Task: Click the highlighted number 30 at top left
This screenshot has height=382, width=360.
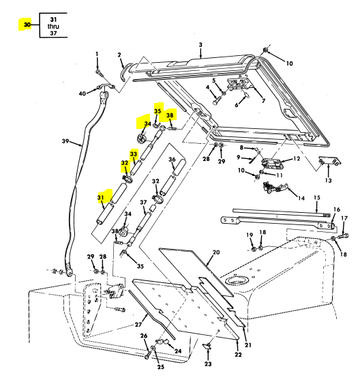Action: pos(27,25)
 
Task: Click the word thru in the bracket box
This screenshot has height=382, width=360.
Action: pos(53,26)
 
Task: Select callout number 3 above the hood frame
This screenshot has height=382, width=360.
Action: pos(200,45)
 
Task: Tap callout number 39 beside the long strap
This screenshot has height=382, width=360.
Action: pos(65,141)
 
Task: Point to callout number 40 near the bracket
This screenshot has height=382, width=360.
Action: pos(82,93)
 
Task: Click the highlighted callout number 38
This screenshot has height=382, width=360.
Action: pos(170,115)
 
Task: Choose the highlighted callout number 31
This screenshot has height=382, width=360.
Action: pos(101,197)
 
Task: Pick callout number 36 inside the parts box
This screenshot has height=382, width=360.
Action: pos(172,160)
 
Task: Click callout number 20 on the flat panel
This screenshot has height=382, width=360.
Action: pos(216,252)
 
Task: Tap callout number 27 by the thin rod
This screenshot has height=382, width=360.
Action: pos(138,325)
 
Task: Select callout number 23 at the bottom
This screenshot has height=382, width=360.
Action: pos(208,364)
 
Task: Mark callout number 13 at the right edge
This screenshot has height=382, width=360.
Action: pos(329,180)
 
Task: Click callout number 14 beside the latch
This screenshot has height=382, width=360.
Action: pos(301,199)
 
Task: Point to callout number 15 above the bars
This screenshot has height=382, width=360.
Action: pos(316,197)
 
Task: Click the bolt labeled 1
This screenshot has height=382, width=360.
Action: pos(97,72)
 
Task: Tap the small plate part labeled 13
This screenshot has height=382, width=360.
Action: pos(330,161)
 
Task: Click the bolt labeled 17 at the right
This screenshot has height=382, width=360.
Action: pos(343,236)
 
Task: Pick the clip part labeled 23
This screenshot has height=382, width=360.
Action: pos(207,345)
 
